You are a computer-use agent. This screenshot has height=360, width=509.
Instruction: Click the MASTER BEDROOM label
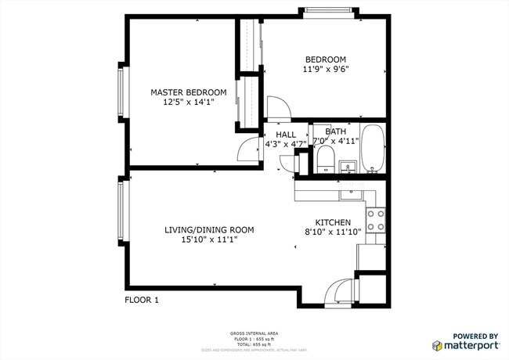point(182,92)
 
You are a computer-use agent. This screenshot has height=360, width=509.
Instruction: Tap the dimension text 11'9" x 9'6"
point(326,69)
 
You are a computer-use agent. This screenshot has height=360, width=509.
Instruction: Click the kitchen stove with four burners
point(377,219)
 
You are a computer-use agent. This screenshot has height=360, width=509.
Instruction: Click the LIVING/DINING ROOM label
point(209,229)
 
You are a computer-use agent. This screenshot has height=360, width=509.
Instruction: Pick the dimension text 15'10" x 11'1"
point(209,239)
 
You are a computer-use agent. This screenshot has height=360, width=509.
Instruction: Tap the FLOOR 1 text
point(142,299)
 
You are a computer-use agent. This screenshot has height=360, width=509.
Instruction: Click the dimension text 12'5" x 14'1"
point(182,102)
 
